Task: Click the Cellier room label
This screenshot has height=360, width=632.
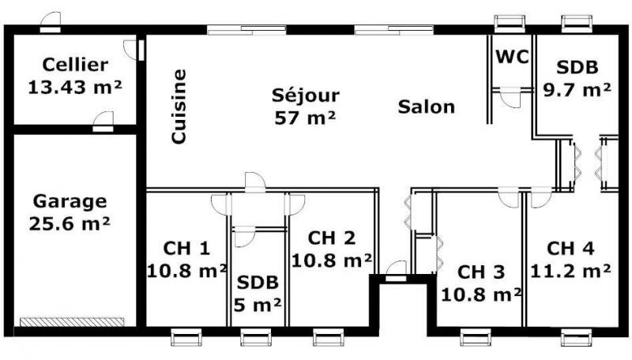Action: [x=75, y=65]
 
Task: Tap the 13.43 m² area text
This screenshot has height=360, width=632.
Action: [x=75, y=87]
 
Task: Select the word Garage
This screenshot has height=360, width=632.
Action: [x=70, y=201]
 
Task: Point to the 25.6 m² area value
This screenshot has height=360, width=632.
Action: [x=70, y=223]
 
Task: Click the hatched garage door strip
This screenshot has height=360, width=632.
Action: [x=72, y=322]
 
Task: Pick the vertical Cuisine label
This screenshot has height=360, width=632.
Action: [x=179, y=107]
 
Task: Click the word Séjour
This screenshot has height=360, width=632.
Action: [x=306, y=95]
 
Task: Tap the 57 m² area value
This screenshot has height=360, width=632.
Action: [x=305, y=118]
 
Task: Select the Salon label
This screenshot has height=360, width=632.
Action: [x=427, y=107]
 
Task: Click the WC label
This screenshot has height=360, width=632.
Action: [x=512, y=57]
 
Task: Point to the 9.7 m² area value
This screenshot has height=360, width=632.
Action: [x=577, y=90]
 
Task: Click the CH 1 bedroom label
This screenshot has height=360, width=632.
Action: [x=186, y=248]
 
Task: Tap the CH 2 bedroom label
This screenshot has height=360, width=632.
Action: [x=331, y=238]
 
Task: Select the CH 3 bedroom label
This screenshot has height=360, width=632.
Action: [x=481, y=272]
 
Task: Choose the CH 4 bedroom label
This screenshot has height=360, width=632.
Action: [x=570, y=248]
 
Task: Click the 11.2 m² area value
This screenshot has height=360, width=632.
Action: [x=570, y=271]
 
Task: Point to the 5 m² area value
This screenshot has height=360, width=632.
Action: [x=258, y=305]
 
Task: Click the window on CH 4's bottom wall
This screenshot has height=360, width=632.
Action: [x=577, y=337]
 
